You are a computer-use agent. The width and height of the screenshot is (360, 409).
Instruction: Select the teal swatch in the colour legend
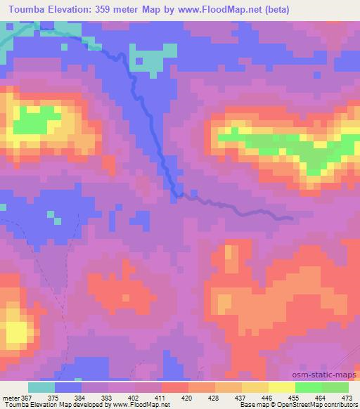41,388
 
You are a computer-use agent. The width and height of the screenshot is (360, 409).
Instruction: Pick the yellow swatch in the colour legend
281,388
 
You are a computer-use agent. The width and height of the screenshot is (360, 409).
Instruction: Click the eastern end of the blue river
291,218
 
